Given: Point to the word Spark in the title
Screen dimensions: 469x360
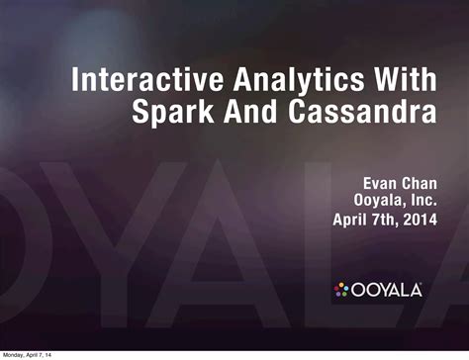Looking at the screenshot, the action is [x=172, y=112].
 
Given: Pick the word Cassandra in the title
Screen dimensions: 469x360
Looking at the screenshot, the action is [x=362, y=111].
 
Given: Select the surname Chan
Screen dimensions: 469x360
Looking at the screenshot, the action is [x=419, y=183].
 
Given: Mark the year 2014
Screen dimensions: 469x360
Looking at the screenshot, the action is [x=421, y=220].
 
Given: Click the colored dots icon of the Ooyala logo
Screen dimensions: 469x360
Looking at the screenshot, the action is [x=341, y=290].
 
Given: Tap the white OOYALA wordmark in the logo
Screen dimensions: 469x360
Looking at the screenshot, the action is [x=387, y=290].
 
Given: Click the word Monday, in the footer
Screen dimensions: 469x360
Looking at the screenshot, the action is [x=13, y=355].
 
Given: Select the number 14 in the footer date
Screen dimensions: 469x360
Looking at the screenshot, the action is [x=48, y=355].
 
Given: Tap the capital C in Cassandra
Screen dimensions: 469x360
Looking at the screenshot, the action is [x=298, y=111].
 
